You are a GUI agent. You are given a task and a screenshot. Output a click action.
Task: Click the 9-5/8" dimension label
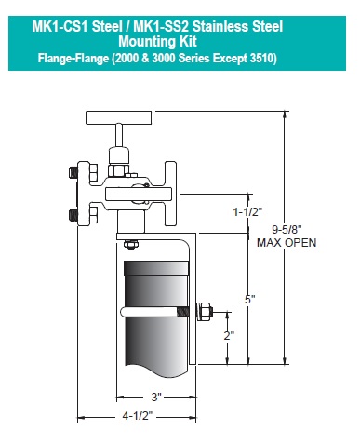point(287,230)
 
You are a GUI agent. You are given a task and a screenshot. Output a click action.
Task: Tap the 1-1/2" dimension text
point(247,212)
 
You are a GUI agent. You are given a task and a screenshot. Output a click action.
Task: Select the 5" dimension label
point(250,300)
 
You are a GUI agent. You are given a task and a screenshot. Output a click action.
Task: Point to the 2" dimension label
point(229,335)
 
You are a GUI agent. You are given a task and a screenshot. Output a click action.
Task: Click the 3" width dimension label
point(156,397)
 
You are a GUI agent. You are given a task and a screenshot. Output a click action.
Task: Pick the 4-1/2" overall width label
point(138,416)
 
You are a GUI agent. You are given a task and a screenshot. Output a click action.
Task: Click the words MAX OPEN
point(287,243)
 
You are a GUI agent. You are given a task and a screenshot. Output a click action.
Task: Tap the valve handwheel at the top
point(119,117)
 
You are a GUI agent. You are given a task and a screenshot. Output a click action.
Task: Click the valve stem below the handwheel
point(119,135)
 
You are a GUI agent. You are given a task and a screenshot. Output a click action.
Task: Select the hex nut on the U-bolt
point(206,311)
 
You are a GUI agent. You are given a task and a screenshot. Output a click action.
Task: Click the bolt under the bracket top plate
point(130,245)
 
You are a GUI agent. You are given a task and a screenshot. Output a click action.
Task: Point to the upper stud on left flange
point(73,172)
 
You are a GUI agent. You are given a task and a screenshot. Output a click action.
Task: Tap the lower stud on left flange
point(73,215)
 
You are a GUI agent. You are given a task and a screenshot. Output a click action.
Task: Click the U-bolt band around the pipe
point(154,312)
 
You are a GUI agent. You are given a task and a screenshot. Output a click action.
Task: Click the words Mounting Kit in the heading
point(157,41)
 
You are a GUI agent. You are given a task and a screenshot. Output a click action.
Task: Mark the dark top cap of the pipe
point(156,267)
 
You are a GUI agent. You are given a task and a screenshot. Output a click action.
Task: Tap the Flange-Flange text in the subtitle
point(73,58)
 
